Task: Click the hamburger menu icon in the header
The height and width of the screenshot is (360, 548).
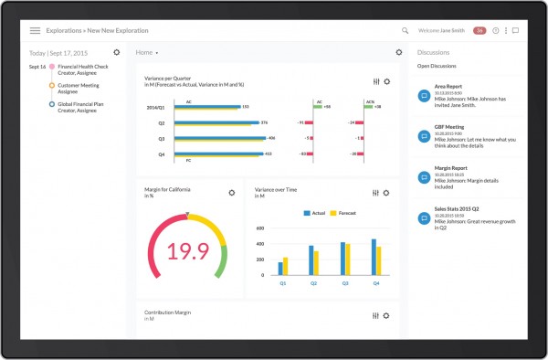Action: pyautogui.click(x=36, y=30)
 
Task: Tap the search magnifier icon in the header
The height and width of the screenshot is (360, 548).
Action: pyautogui.click(x=405, y=30)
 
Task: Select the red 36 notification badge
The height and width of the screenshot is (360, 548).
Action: pyautogui.click(x=479, y=30)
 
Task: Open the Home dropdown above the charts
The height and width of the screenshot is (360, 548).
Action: pyautogui.click(x=146, y=53)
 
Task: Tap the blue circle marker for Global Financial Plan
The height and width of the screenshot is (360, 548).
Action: pyautogui.click(x=51, y=104)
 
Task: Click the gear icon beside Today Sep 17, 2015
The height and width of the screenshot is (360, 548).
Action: pyautogui.click(x=116, y=52)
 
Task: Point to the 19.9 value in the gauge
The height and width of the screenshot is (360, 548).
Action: pyautogui.click(x=188, y=250)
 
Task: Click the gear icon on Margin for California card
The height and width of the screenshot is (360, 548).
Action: pyautogui.click(x=232, y=193)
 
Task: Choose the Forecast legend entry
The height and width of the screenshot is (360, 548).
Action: pyautogui.click(x=344, y=213)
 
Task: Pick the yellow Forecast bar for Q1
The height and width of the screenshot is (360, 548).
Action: pyautogui.click(x=286, y=266)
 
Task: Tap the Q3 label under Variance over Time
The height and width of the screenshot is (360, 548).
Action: pyautogui.click(x=345, y=283)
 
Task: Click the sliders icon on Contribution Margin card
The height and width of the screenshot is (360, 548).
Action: pyautogui.click(x=376, y=315)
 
